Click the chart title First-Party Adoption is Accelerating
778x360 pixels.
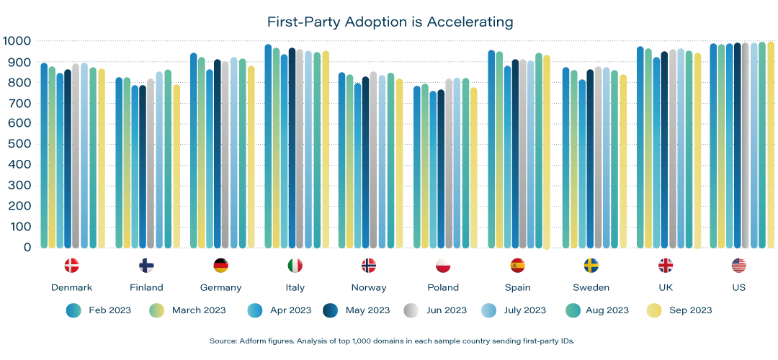pyautogui.click(x=390, y=22)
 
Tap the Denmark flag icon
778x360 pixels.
pyautogui.click(x=71, y=266)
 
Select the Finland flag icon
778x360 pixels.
pyautogui.click(x=146, y=266)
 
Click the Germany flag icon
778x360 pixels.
pyautogui.click(x=220, y=266)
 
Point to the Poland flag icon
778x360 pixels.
pyautogui.click(x=443, y=266)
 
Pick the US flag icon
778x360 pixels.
pyautogui.click(x=738, y=266)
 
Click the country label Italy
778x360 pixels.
pyautogui.click(x=295, y=287)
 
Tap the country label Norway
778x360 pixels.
pyautogui.click(x=369, y=287)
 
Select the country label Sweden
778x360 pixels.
pyautogui.click(x=591, y=287)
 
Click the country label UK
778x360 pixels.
pyautogui.click(x=665, y=287)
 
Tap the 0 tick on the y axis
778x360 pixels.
pyautogui.click(x=27, y=247)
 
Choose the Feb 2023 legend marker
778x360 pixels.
pyautogui.click(x=73, y=310)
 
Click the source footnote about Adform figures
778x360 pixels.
pyautogui.click(x=389, y=340)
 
